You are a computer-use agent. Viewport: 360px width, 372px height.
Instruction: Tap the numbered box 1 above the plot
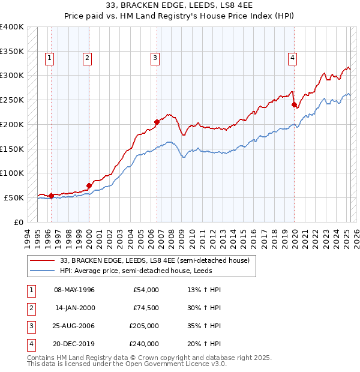tap(49, 58)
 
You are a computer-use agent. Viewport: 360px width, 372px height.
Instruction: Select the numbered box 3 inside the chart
tap(155, 58)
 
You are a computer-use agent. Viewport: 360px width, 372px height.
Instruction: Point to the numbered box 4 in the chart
tap(292, 58)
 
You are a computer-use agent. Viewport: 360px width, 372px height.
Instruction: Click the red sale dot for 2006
tap(157, 122)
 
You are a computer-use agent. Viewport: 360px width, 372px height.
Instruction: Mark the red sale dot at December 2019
tap(295, 104)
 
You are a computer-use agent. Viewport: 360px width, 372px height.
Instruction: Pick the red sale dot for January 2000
tap(89, 185)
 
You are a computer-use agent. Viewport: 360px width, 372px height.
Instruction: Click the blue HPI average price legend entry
tap(150, 271)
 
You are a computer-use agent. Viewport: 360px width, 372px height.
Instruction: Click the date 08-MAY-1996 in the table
tap(74, 290)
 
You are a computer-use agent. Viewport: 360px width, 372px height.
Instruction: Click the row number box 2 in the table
tap(29, 308)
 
